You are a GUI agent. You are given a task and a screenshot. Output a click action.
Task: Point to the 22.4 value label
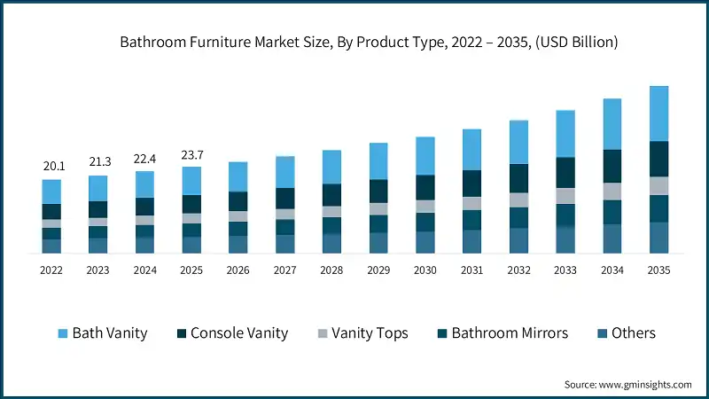click(x=145, y=159)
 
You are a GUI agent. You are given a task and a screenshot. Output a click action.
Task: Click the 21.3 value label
click(x=98, y=162)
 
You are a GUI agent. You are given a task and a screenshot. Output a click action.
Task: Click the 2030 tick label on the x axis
click(x=425, y=270)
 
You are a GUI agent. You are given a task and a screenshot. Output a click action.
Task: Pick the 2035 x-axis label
click(x=658, y=270)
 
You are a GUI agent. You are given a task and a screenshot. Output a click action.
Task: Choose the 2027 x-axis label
click(x=284, y=270)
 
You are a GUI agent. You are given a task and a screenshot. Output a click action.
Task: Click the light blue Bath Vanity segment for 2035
click(x=658, y=113)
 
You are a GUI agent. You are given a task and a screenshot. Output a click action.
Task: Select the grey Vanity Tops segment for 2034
click(x=612, y=191)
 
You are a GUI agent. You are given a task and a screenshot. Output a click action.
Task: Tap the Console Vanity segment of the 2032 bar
click(x=518, y=178)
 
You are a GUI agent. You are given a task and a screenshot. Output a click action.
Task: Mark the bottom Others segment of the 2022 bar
click(x=51, y=246)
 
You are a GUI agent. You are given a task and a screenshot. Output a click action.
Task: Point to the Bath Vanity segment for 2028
click(x=331, y=167)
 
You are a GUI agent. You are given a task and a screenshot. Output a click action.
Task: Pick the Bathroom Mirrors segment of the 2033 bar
click(x=565, y=215)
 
